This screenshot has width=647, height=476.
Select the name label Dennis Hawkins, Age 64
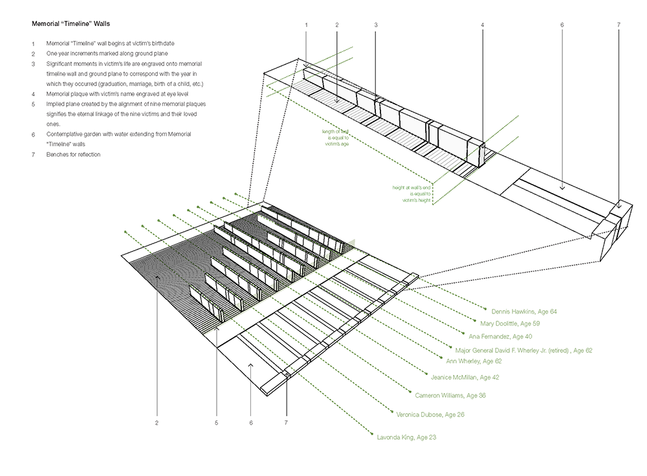524,312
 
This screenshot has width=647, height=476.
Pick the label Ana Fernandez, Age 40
501,337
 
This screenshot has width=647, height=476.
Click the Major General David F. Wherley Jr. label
524,350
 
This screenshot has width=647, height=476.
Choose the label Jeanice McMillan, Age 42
465,376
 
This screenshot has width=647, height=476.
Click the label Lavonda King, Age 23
406,438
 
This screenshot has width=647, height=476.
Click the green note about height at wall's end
412,193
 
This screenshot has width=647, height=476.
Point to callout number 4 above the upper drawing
483,25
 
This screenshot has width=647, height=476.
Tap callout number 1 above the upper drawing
307,25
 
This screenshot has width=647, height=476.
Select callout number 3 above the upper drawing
375,25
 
